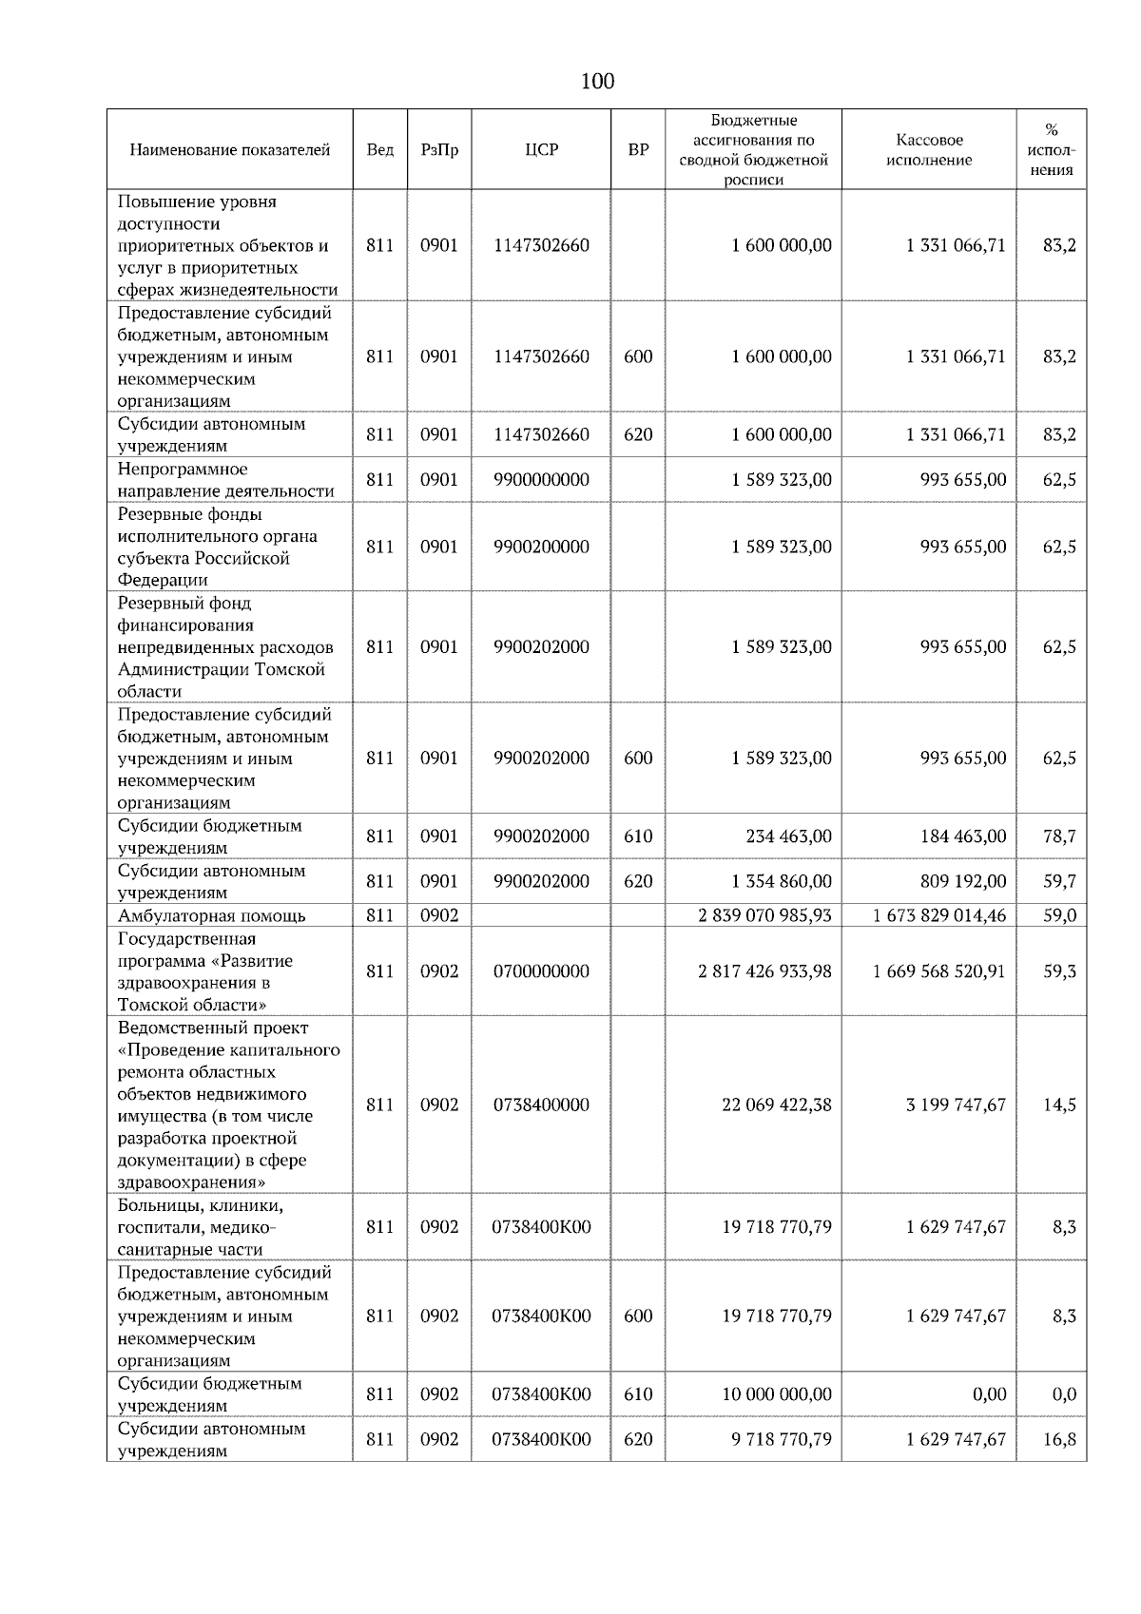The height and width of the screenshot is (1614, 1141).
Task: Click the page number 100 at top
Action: [x=597, y=82]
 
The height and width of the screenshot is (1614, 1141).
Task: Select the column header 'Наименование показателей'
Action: [x=229, y=150]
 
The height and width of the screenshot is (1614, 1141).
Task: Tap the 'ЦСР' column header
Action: [x=541, y=150]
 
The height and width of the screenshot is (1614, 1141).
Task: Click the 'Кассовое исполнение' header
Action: [x=929, y=150]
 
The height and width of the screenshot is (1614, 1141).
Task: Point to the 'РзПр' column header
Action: [x=439, y=150]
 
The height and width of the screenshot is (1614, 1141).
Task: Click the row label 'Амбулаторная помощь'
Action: [x=212, y=915]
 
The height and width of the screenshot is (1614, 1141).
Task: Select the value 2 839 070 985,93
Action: [x=764, y=915]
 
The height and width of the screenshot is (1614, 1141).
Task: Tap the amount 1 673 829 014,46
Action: [x=938, y=915]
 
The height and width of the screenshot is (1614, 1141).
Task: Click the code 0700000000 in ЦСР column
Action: [x=541, y=971]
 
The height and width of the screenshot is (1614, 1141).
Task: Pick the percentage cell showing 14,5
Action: [x=1059, y=1105]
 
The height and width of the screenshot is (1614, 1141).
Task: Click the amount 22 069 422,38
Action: [x=776, y=1105]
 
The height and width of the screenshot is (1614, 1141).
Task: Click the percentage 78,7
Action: [x=1059, y=836]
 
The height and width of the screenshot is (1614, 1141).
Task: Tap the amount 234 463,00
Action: [x=788, y=836]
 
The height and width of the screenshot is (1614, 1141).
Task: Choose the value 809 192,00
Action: [x=962, y=881]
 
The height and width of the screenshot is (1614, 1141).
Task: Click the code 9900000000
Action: [x=541, y=480]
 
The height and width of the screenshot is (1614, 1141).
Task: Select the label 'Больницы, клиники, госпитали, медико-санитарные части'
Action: [x=201, y=1227]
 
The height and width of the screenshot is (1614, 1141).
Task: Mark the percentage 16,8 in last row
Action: [x=1059, y=1439]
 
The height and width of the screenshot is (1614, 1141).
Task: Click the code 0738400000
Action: [x=541, y=1105]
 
